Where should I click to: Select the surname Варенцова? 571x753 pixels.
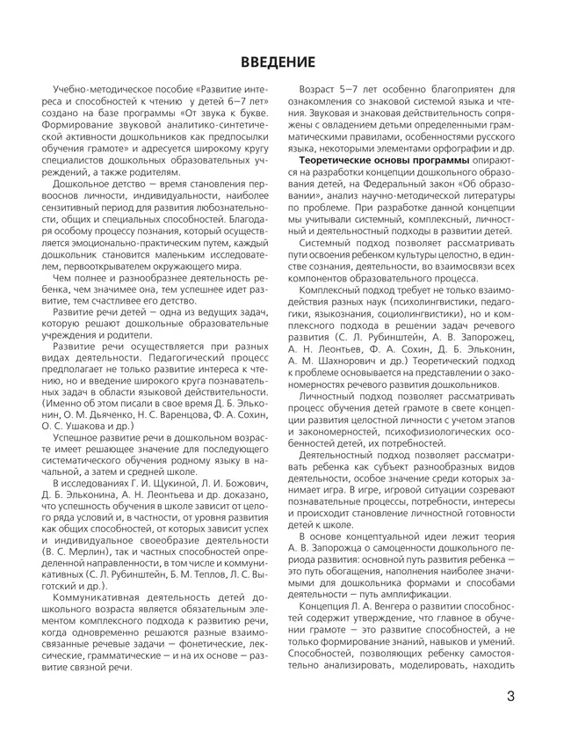[x=175, y=386]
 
